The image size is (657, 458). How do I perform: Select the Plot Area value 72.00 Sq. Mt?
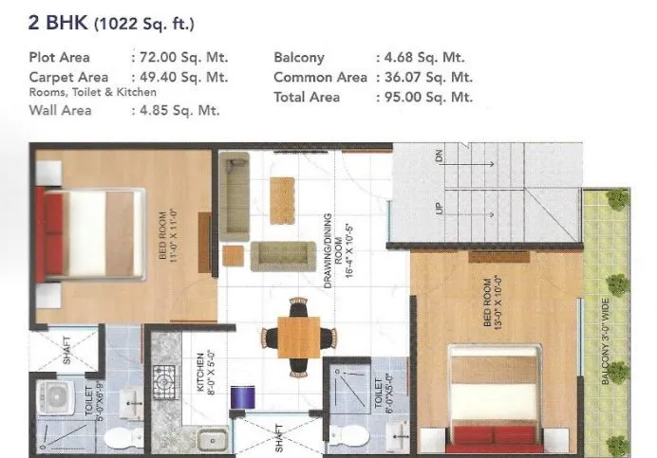179,57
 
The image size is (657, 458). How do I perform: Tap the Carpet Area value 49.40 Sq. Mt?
179,77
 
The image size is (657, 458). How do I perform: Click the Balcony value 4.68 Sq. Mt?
422,57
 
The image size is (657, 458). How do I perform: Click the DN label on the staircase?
439,158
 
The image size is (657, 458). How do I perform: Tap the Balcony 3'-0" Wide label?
605,342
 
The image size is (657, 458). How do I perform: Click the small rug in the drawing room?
282,201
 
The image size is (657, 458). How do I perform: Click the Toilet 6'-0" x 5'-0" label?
380,397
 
